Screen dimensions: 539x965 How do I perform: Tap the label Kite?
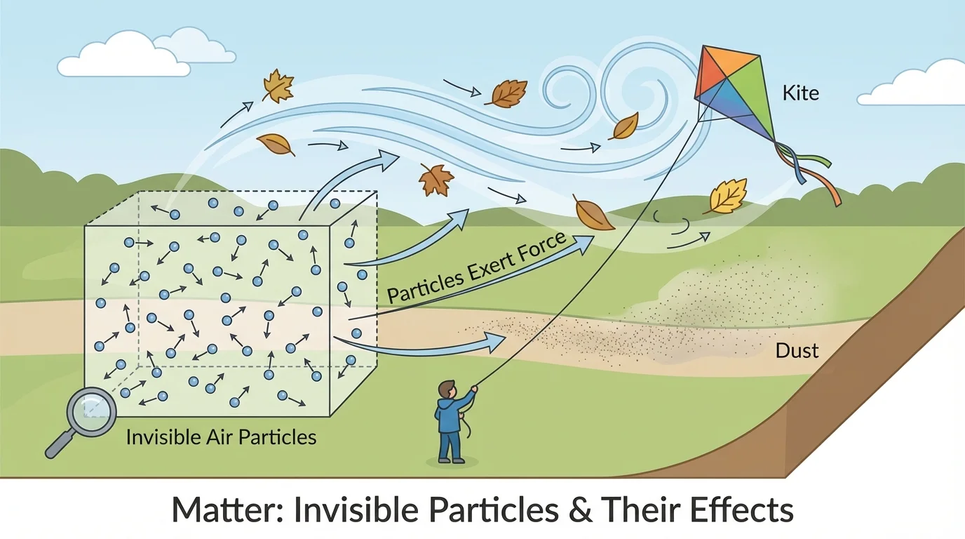[x=799, y=92]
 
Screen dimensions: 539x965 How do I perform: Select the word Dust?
[x=797, y=350]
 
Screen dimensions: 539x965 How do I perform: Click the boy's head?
[x=447, y=390]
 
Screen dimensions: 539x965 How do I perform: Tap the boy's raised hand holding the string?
[x=474, y=387]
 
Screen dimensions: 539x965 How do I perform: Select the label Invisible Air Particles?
[x=221, y=437]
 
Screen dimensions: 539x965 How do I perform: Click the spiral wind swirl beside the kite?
[x=631, y=77]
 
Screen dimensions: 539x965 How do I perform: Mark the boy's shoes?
[x=450, y=460]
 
